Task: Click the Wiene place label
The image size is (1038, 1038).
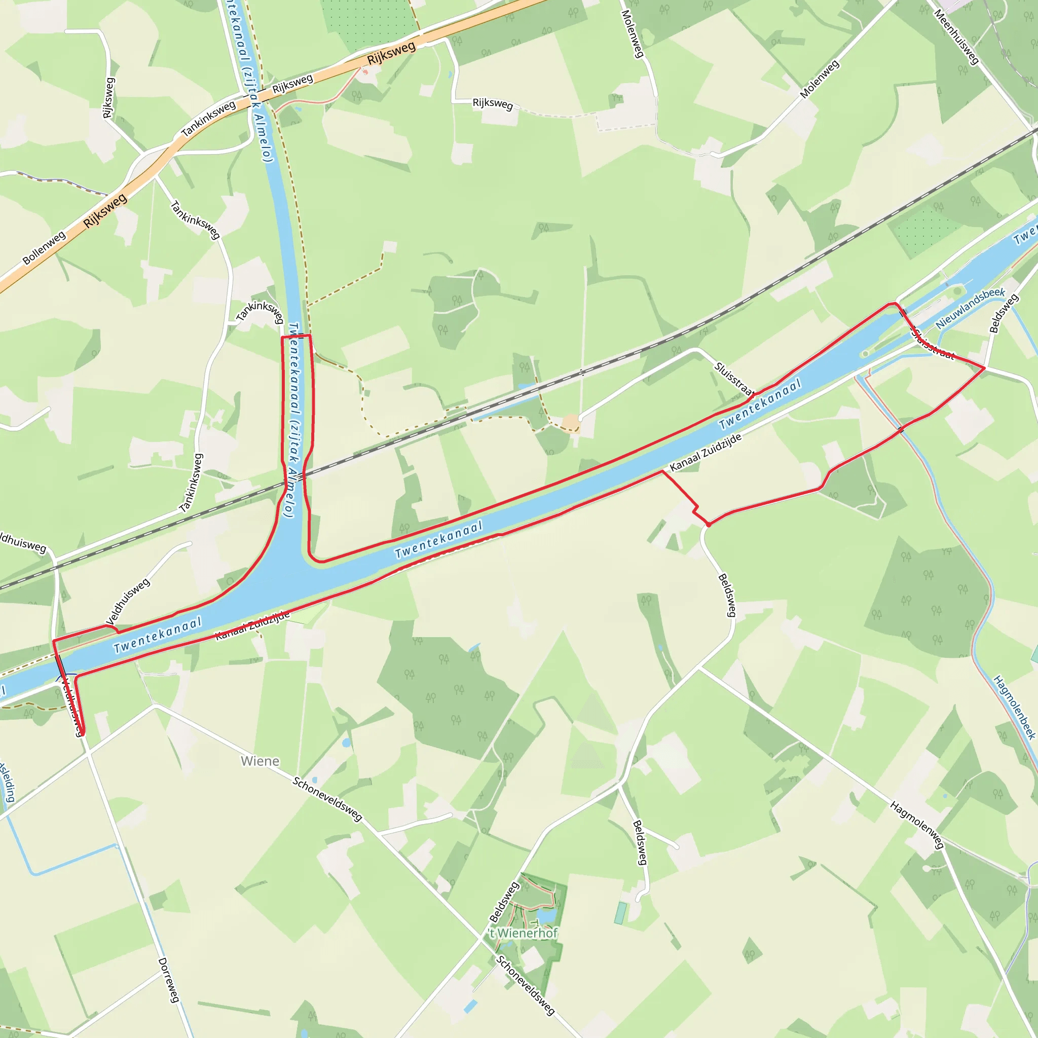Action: [x=260, y=761]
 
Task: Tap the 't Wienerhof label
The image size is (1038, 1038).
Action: [x=523, y=933]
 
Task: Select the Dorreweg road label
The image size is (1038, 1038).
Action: [x=169, y=980]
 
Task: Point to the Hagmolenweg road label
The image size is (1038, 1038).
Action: [x=917, y=825]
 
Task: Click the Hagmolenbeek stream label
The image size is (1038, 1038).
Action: [x=1014, y=708]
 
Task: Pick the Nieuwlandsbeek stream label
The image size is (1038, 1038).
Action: [x=970, y=308]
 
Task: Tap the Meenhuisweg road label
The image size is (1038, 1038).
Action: [x=956, y=37]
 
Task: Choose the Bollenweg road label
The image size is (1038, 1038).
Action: [x=44, y=248]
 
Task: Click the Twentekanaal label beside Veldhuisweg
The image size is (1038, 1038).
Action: [x=158, y=635]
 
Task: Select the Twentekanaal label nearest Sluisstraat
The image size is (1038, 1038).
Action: [x=760, y=404]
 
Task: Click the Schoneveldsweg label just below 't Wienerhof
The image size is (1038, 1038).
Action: [x=525, y=985]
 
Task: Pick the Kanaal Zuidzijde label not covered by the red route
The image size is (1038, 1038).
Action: [x=706, y=453]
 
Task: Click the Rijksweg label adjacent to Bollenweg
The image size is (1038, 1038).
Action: [x=105, y=211]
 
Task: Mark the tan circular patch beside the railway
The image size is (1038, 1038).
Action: [x=571, y=423]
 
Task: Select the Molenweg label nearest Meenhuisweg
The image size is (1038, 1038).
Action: [x=820, y=80]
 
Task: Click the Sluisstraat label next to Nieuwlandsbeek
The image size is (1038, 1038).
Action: [x=932, y=344]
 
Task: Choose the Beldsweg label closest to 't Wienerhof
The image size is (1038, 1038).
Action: [x=504, y=902]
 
